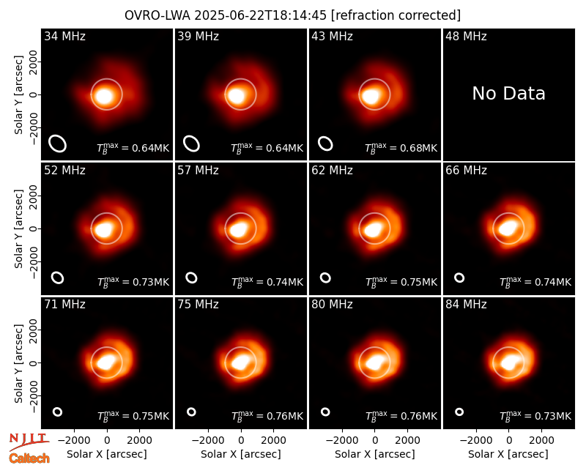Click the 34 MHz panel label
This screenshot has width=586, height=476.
click(x=64, y=36)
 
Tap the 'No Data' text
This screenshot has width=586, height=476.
click(x=508, y=94)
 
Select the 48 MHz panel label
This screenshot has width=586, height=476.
click(x=466, y=36)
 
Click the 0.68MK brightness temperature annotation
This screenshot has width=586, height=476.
click(x=401, y=148)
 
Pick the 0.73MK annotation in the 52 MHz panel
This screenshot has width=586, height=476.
click(x=133, y=282)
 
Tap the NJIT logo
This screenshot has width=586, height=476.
click(x=29, y=441)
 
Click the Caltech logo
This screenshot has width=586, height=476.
click(x=29, y=458)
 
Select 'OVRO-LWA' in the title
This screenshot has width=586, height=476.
click(x=157, y=15)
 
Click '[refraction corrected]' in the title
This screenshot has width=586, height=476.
click(x=396, y=15)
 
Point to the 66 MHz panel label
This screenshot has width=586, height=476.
click(x=466, y=171)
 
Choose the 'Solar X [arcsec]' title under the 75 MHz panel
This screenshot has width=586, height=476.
click(x=241, y=454)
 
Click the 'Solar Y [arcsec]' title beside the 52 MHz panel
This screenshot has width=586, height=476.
click(x=18, y=228)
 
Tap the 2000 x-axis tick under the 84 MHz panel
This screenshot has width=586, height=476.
click(x=541, y=440)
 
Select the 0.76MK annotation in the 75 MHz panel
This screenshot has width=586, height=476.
click(x=267, y=416)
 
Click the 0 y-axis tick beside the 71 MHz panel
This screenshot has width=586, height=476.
click(x=34, y=362)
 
